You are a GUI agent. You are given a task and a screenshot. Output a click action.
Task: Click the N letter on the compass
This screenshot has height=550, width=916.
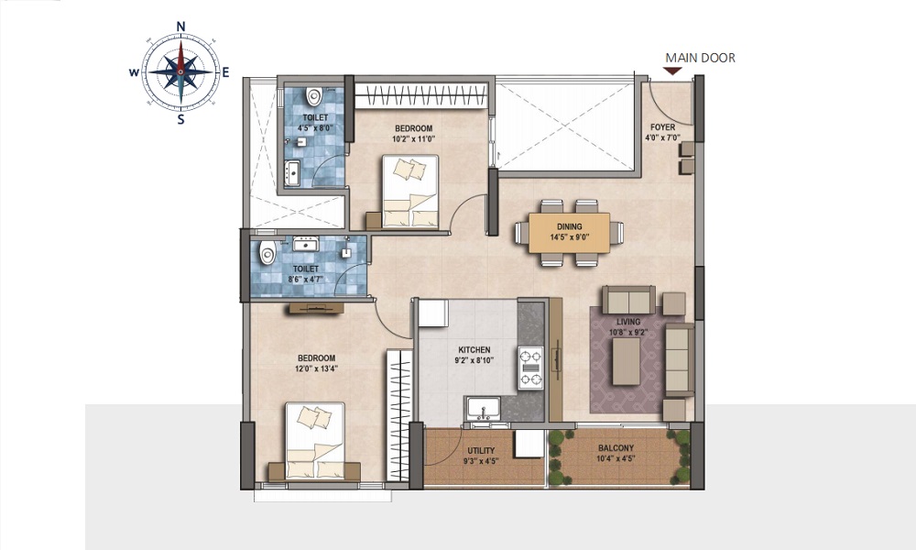click(181, 27)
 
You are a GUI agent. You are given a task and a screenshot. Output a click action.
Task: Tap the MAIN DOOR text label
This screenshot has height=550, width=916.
click(701, 58)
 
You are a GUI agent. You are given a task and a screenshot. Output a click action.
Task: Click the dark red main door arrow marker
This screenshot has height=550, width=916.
click(673, 71)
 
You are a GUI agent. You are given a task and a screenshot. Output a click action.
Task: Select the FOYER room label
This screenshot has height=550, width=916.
click(663, 126)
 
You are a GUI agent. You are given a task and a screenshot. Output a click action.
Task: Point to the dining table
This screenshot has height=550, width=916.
click(569, 233)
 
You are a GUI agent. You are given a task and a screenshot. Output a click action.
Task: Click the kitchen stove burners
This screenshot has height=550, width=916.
click(530, 368)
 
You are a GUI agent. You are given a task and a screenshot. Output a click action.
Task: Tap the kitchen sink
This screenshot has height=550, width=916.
click(483, 407)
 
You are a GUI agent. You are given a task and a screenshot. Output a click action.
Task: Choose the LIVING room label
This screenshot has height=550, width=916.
click(628, 322)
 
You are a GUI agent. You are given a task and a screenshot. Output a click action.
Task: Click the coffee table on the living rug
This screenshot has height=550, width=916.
click(627, 361)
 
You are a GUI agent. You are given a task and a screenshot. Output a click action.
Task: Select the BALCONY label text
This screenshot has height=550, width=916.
click(616, 448)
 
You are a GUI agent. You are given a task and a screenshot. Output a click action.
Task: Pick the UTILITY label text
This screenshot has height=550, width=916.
click(481, 451)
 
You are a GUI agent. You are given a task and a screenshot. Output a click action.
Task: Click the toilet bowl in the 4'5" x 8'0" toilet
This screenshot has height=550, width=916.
click(314, 95)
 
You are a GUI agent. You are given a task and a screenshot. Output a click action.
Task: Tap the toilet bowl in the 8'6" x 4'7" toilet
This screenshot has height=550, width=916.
click(267, 253)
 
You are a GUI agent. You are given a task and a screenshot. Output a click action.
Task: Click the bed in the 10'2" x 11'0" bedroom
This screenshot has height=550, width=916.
click(409, 192)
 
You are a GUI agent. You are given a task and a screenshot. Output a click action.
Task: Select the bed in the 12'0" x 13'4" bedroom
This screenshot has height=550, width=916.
click(315, 440)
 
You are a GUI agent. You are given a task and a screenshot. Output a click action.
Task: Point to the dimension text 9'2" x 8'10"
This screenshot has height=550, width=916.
click(474, 360)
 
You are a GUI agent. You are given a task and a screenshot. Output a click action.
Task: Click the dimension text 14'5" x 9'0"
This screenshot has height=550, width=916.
click(570, 237)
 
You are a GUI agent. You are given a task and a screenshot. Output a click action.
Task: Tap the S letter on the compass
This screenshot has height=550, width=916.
click(181, 120)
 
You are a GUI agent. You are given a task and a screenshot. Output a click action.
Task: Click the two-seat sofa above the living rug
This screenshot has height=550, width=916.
click(628, 301)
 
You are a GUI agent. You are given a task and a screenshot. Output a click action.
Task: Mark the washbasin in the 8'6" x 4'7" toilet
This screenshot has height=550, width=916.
click(306, 244)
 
